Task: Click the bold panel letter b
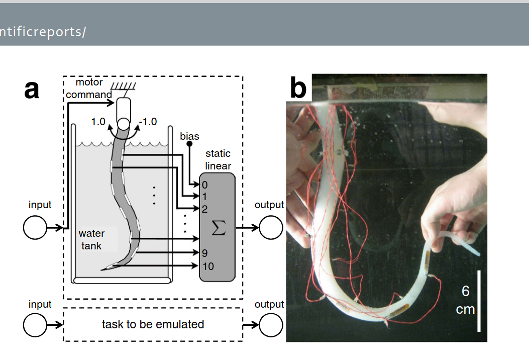(x=298, y=89)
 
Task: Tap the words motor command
(x=89, y=88)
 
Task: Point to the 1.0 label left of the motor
(x=98, y=122)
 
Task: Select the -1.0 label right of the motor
(x=148, y=122)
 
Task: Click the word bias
(x=189, y=136)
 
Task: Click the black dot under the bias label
(x=189, y=144)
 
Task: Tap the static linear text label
(x=218, y=159)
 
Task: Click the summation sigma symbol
(x=218, y=228)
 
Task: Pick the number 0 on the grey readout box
(x=204, y=185)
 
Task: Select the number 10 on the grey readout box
(x=208, y=266)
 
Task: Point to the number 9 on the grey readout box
(x=205, y=253)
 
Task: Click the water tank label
(x=92, y=239)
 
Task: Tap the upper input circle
(x=35, y=228)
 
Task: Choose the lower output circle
(x=271, y=326)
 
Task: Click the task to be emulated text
(x=153, y=324)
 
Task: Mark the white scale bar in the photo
(x=479, y=301)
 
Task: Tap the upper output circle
(x=271, y=228)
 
